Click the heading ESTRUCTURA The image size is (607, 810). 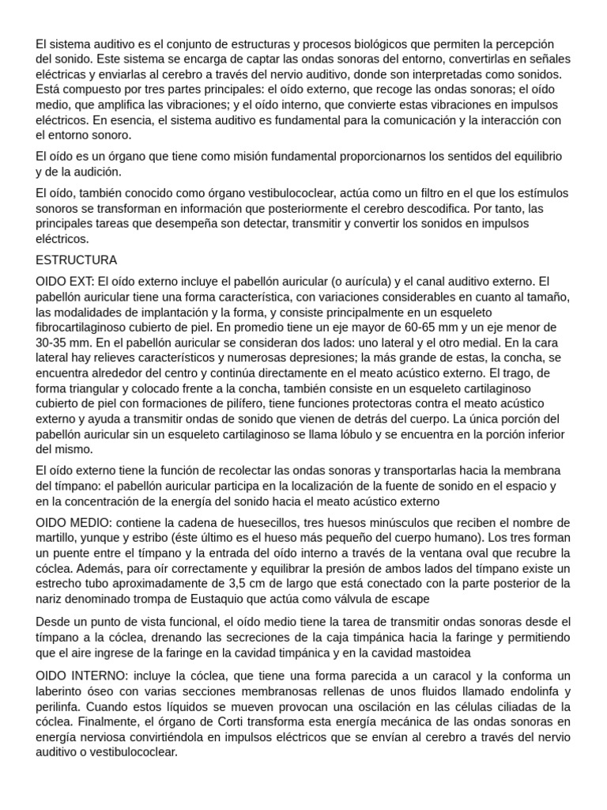pos(76,260)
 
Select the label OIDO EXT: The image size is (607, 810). pos(66,282)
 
